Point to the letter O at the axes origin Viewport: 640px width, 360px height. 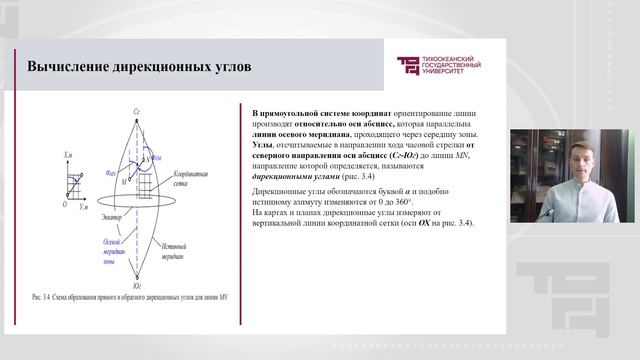click(64, 202)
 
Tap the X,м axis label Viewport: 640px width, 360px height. click(68, 156)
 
